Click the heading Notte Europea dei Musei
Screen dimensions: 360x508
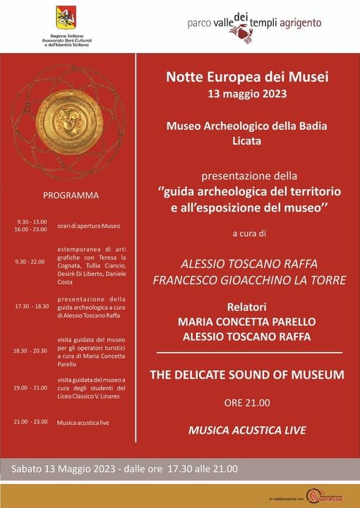(248, 76)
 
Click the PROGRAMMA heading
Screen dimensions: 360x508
(71, 195)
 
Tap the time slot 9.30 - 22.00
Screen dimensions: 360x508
(30, 262)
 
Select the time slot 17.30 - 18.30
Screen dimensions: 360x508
(31, 307)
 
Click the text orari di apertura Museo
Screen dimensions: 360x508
(89, 226)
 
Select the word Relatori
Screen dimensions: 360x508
(248, 307)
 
